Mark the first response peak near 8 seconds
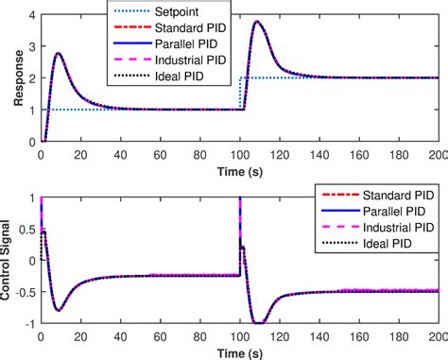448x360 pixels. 59,54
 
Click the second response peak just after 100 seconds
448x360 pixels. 259,23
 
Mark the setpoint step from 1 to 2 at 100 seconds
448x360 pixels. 243,93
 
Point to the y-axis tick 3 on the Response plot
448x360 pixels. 32,46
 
